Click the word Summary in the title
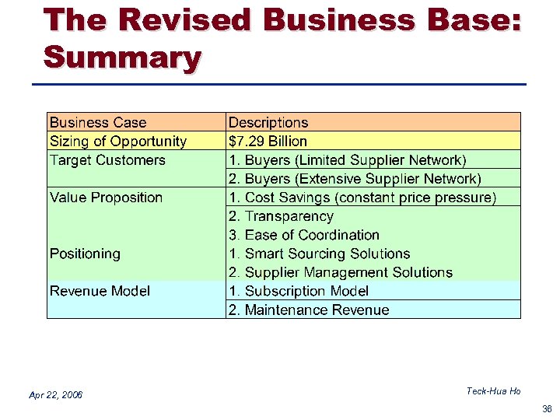(x=122, y=57)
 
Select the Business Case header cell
(x=98, y=122)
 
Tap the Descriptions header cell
(x=268, y=122)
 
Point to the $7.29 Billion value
(x=268, y=141)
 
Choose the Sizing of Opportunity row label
(x=118, y=141)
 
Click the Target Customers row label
(x=107, y=160)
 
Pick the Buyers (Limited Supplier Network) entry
(x=348, y=160)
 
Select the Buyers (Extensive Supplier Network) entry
(x=355, y=179)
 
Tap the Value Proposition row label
(x=106, y=198)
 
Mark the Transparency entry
(x=281, y=216)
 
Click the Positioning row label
(x=85, y=254)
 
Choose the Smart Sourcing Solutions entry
(x=319, y=254)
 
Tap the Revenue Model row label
(x=100, y=291)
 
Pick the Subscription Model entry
(x=299, y=291)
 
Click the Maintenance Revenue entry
(x=309, y=310)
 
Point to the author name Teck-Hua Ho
(x=493, y=391)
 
